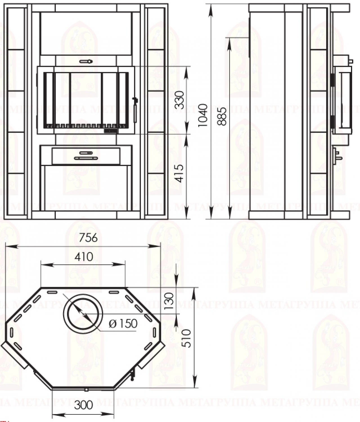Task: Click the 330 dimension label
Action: (179, 99)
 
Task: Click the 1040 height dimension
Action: (203, 115)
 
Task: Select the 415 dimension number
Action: (179, 173)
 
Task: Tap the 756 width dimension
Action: (88, 238)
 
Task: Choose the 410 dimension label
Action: (84, 257)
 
